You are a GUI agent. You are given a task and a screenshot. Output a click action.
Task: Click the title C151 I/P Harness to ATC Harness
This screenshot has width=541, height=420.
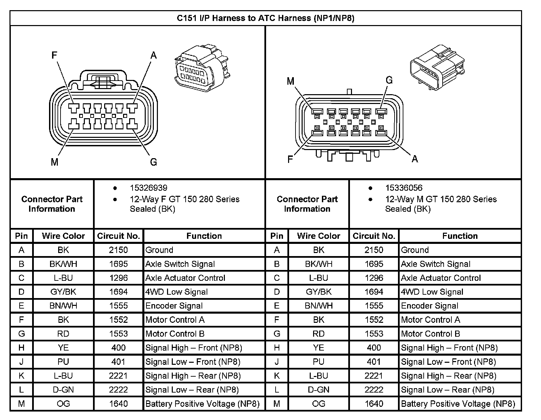pos(265,18)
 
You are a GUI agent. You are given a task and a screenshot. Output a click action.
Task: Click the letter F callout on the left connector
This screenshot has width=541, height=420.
pos(54,55)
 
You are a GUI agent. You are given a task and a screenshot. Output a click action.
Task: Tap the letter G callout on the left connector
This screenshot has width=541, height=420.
pos(153,162)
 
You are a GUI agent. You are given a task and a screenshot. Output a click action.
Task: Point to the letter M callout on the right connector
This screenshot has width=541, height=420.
pos(290,81)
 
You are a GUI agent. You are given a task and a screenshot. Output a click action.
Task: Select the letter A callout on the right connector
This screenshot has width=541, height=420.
pos(415,159)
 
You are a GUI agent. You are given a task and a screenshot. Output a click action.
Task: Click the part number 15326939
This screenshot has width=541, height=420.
pos(148,188)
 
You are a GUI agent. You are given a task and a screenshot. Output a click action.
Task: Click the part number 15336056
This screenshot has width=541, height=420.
pos(404,188)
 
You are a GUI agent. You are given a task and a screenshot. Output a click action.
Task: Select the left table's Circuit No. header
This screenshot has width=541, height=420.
pos(118,236)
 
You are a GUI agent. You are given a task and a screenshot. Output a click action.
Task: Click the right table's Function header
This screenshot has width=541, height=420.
pos(460,236)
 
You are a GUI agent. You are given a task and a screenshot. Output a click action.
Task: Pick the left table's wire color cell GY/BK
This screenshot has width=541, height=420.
pos(63,292)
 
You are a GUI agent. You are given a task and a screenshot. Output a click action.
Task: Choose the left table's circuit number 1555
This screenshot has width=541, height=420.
pos(118,306)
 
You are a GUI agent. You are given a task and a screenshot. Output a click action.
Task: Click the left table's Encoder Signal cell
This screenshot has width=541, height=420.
pos(174,306)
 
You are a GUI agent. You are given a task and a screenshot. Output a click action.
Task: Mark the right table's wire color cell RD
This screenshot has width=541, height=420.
pos(319,334)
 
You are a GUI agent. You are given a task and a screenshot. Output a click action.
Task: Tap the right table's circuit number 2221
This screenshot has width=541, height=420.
pos(374,376)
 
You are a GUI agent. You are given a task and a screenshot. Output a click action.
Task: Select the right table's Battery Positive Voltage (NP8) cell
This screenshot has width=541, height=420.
pos(458,404)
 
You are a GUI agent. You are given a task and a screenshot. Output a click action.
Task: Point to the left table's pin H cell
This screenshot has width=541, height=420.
pos(21,348)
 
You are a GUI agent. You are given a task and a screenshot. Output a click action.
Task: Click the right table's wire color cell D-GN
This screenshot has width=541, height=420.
pos(319,390)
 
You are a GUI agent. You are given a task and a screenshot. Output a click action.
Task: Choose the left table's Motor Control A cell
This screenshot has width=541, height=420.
pos(175,320)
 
